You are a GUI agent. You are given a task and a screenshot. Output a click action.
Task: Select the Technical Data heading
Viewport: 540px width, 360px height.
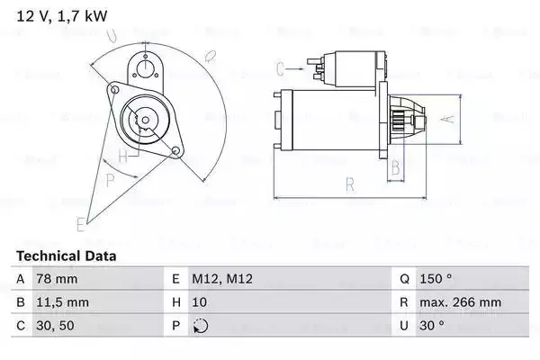pos(66,256)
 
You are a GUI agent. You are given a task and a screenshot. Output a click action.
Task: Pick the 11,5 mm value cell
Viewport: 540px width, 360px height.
pos(62,301)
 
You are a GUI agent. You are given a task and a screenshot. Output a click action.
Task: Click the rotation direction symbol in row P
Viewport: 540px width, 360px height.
pos(200,325)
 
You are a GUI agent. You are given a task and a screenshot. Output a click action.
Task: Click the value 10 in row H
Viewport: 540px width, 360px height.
pos(200,301)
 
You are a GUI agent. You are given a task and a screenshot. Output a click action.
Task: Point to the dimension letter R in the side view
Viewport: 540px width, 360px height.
pos(350,185)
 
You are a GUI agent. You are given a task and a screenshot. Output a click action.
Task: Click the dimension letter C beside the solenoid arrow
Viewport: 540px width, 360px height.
pos(280,67)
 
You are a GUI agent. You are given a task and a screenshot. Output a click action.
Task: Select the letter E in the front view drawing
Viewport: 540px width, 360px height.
pos(81,222)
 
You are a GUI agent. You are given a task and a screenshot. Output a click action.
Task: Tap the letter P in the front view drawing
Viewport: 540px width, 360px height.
pos(111,179)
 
